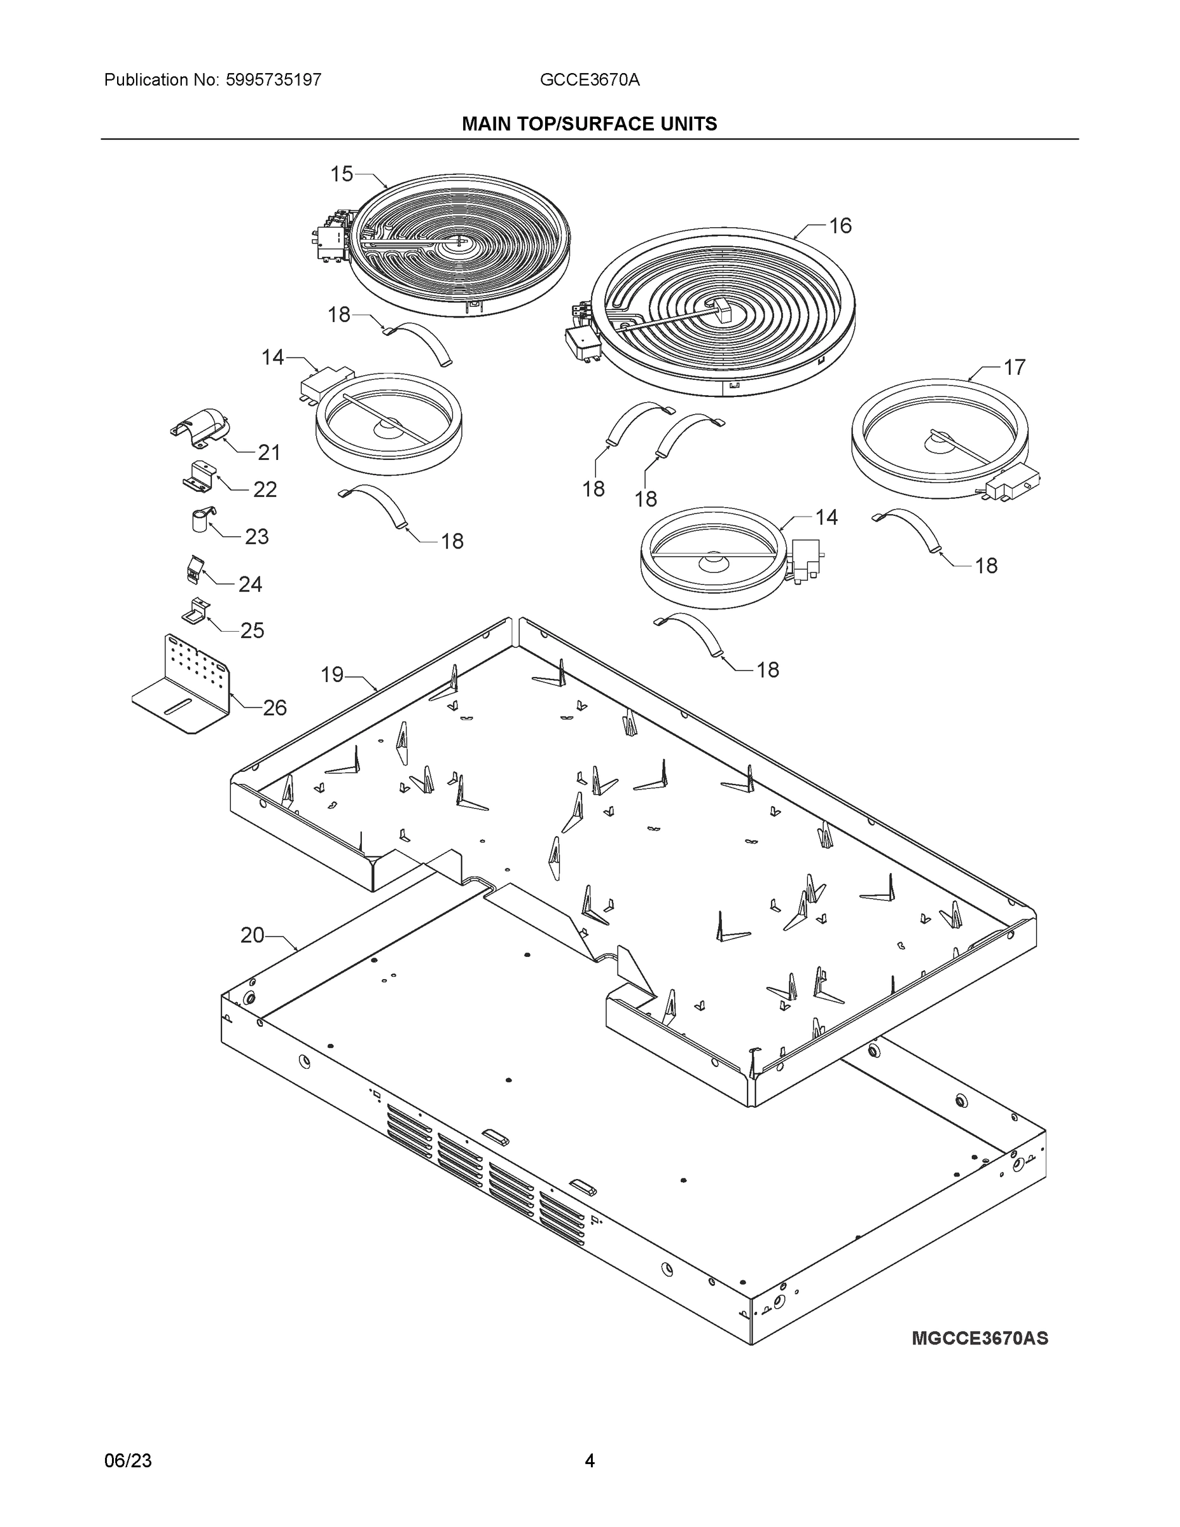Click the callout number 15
[342, 174]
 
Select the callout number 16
[840, 226]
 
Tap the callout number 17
[1015, 367]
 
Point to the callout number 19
[332, 674]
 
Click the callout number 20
[253, 935]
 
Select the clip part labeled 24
[193, 569]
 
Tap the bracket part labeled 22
[198, 476]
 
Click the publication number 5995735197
[274, 80]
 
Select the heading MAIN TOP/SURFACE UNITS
[589, 124]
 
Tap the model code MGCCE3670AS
[980, 1338]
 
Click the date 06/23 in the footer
[128, 1461]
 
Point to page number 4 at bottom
[589, 1461]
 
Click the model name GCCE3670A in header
[589, 80]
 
